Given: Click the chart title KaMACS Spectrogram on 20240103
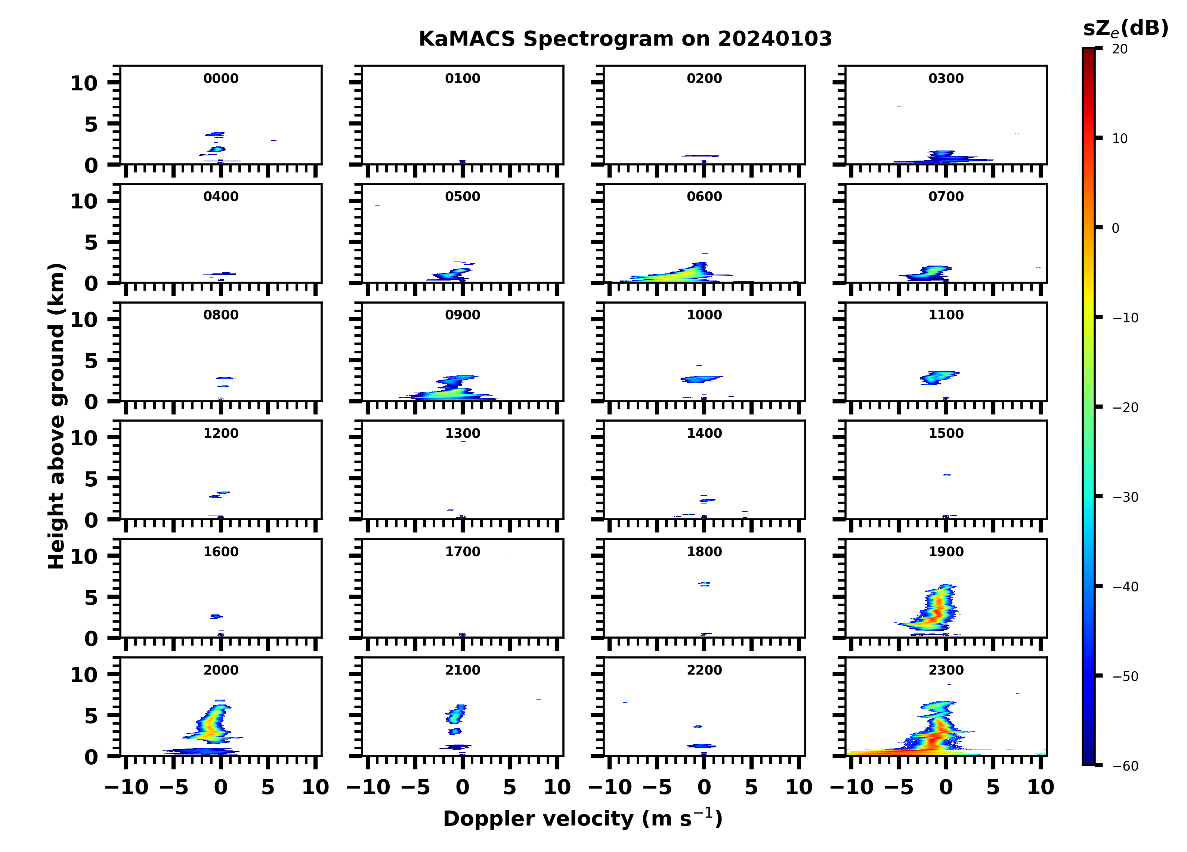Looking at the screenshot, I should [x=625, y=39].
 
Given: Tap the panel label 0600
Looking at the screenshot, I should [x=704, y=197].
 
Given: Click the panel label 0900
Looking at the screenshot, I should [x=462, y=315].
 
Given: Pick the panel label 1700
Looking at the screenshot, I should [x=462, y=552].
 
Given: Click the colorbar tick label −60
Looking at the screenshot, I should [x=1125, y=766].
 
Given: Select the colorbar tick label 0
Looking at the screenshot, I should [x=1115, y=228].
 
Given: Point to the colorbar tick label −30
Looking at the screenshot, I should [x=1125, y=497].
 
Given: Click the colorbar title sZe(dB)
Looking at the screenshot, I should [x=1125, y=28].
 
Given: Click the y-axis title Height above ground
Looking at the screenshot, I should [x=56, y=416].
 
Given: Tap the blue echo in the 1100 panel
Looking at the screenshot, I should [x=939, y=377].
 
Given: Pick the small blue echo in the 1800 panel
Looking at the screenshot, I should [x=704, y=583].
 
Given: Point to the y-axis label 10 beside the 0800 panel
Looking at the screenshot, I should [x=84, y=319].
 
